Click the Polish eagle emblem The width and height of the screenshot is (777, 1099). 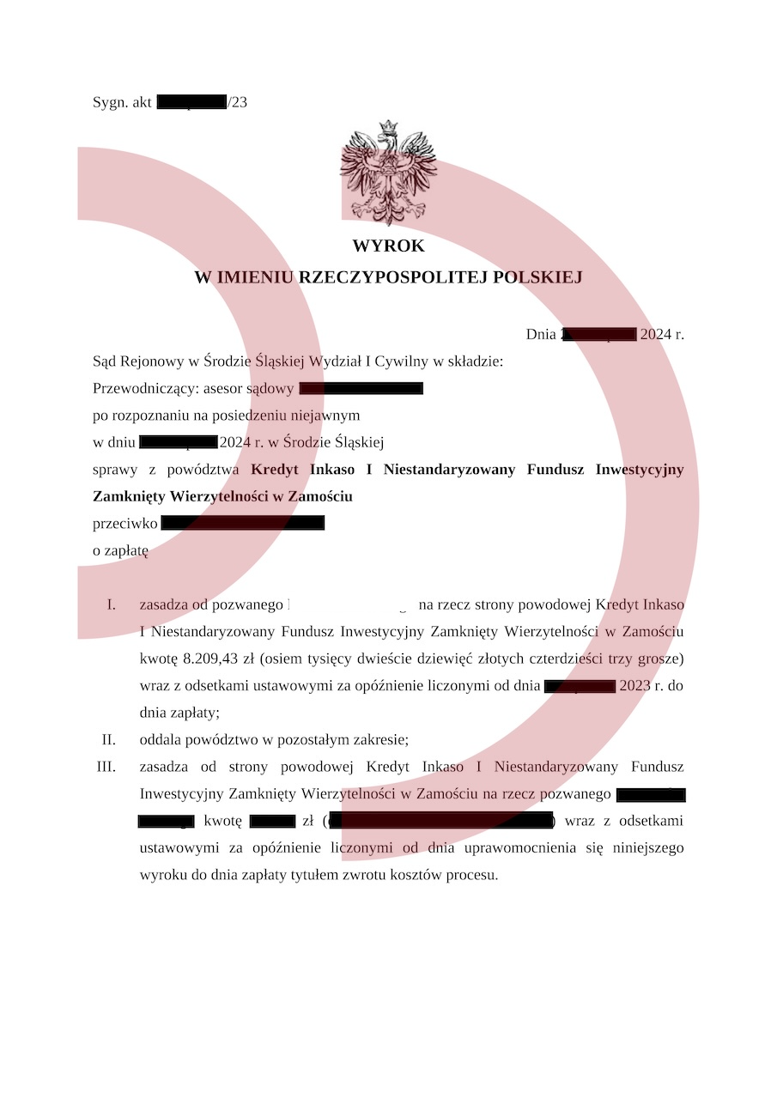[388, 173]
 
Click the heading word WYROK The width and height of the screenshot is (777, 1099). [388, 246]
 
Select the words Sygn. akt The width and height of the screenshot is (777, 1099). [122, 102]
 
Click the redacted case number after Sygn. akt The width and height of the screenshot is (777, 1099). [191, 102]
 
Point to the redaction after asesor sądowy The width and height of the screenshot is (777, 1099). [361, 389]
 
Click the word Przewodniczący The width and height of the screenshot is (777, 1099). [144, 389]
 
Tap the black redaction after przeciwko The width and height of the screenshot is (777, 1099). [242, 523]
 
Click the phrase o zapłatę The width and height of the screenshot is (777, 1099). [120, 550]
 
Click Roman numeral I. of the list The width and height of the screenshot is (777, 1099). [111, 604]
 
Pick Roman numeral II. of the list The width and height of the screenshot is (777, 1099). [108, 739]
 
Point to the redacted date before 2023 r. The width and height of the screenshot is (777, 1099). [580, 687]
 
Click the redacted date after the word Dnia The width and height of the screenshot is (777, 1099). [598, 335]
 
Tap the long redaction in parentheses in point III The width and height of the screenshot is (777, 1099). [440, 822]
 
